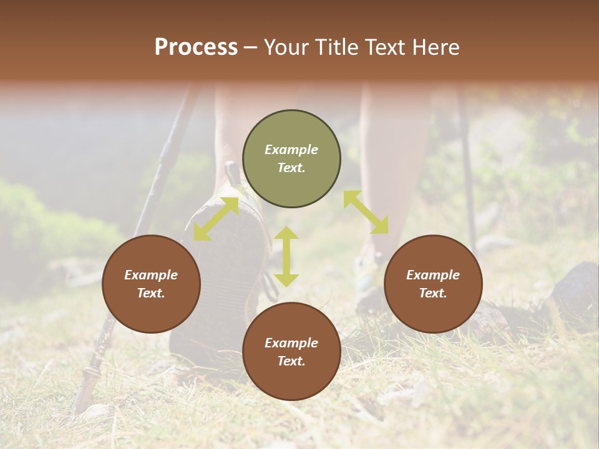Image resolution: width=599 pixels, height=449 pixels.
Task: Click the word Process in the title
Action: [x=196, y=47]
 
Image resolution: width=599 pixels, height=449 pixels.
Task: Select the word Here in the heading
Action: [x=436, y=47]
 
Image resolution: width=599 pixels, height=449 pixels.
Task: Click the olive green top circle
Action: [x=291, y=159]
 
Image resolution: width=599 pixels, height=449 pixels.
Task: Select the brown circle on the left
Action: [x=151, y=284]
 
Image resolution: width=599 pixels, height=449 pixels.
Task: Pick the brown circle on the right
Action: [x=433, y=284]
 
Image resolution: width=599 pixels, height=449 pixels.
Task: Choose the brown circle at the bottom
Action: [x=291, y=352]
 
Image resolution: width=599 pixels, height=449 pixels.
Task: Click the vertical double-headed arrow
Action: [x=286, y=256]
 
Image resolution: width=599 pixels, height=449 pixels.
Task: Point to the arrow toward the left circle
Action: [x=216, y=219]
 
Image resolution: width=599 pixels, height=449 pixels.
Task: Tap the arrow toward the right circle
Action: [x=366, y=212]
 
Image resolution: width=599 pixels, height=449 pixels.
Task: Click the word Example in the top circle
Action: [x=291, y=150]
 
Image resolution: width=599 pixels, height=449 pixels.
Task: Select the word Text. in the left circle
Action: [x=151, y=293]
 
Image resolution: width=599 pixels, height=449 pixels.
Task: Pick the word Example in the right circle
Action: [x=433, y=275]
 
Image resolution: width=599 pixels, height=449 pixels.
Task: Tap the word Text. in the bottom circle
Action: [x=291, y=361]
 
